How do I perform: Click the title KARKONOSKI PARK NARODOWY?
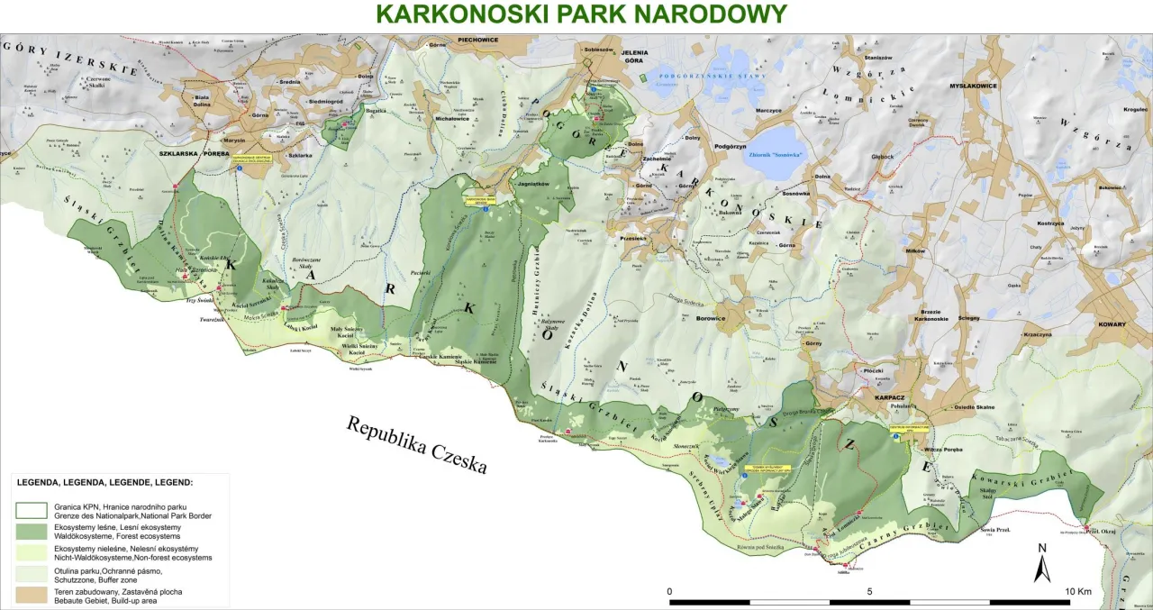click(581, 14)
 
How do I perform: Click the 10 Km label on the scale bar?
click(1077, 591)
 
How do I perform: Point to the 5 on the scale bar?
click(869, 591)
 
